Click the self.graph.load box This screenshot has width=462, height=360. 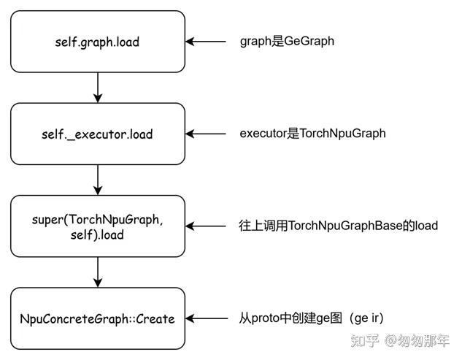click(x=98, y=42)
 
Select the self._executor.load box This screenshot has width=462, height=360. click(x=98, y=134)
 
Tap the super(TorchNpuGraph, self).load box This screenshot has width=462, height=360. click(x=98, y=226)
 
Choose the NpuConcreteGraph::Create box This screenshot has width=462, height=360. click(x=98, y=318)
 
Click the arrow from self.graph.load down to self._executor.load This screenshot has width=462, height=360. click(x=98, y=88)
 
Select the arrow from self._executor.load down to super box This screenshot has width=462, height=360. click(x=98, y=180)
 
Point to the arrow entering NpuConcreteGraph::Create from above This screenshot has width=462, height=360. click(x=98, y=272)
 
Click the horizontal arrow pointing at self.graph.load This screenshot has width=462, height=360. click(x=207, y=42)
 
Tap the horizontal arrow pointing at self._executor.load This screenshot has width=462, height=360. click(x=207, y=134)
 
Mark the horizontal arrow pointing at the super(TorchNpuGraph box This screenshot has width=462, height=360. click(x=207, y=226)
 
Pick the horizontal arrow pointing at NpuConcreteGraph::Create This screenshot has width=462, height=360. click(x=207, y=318)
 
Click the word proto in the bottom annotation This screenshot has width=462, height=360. click(x=266, y=318)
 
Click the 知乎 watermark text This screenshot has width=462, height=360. click(x=364, y=340)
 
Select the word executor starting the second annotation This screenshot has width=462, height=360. click(x=263, y=134)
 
